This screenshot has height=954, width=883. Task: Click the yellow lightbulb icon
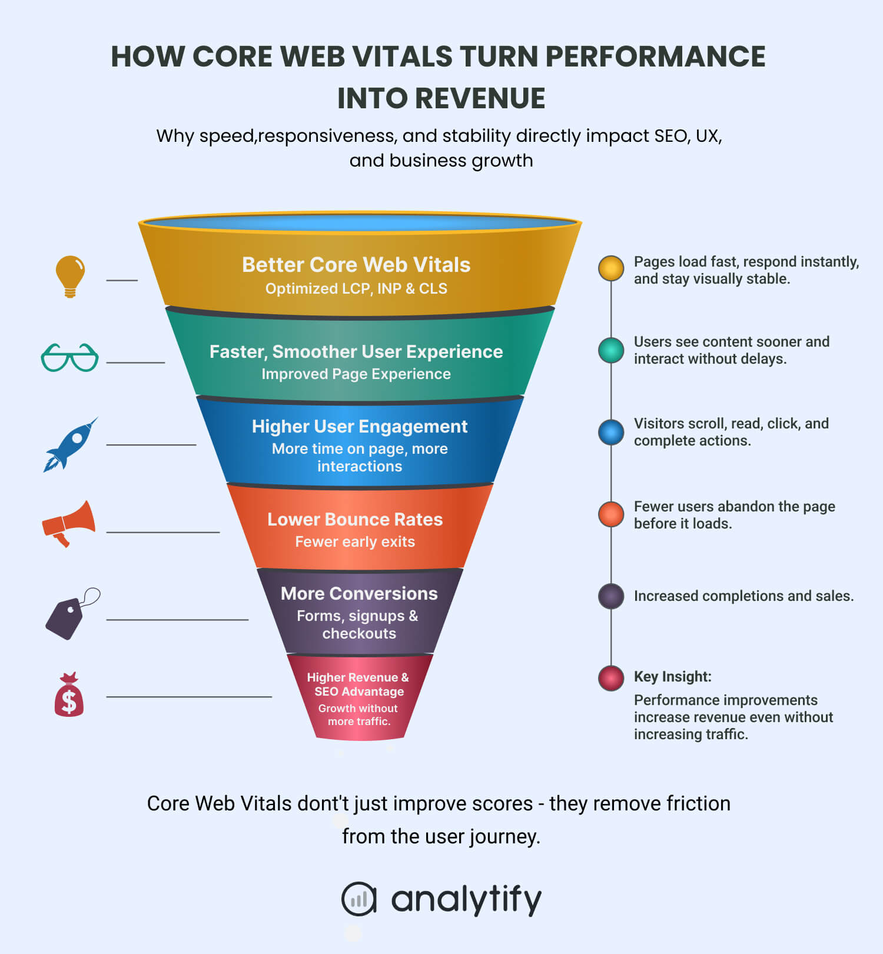coord(70,276)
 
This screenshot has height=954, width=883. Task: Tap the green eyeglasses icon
coord(69,357)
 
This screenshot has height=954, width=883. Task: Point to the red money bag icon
coord(69,695)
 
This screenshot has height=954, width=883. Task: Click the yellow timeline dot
coord(611,268)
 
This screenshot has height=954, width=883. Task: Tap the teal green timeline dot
coord(611,350)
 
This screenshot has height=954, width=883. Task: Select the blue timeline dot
coord(611,432)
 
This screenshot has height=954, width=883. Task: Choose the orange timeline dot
coord(611,514)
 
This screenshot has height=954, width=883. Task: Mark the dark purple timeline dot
coord(611,596)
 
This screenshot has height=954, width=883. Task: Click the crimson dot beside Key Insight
coord(611,678)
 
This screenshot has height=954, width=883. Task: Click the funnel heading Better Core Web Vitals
coord(356,265)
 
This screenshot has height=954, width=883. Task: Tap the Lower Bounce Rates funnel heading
coord(355,519)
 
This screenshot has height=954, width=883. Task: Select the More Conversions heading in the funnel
coord(359,593)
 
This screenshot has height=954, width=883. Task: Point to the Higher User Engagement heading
coord(360,426)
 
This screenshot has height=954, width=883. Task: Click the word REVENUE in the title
coord(480,98)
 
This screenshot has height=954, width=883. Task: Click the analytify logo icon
coord(358,899)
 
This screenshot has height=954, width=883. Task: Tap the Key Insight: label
coord(672,677)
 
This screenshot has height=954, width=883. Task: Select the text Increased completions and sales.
coord(743,596)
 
